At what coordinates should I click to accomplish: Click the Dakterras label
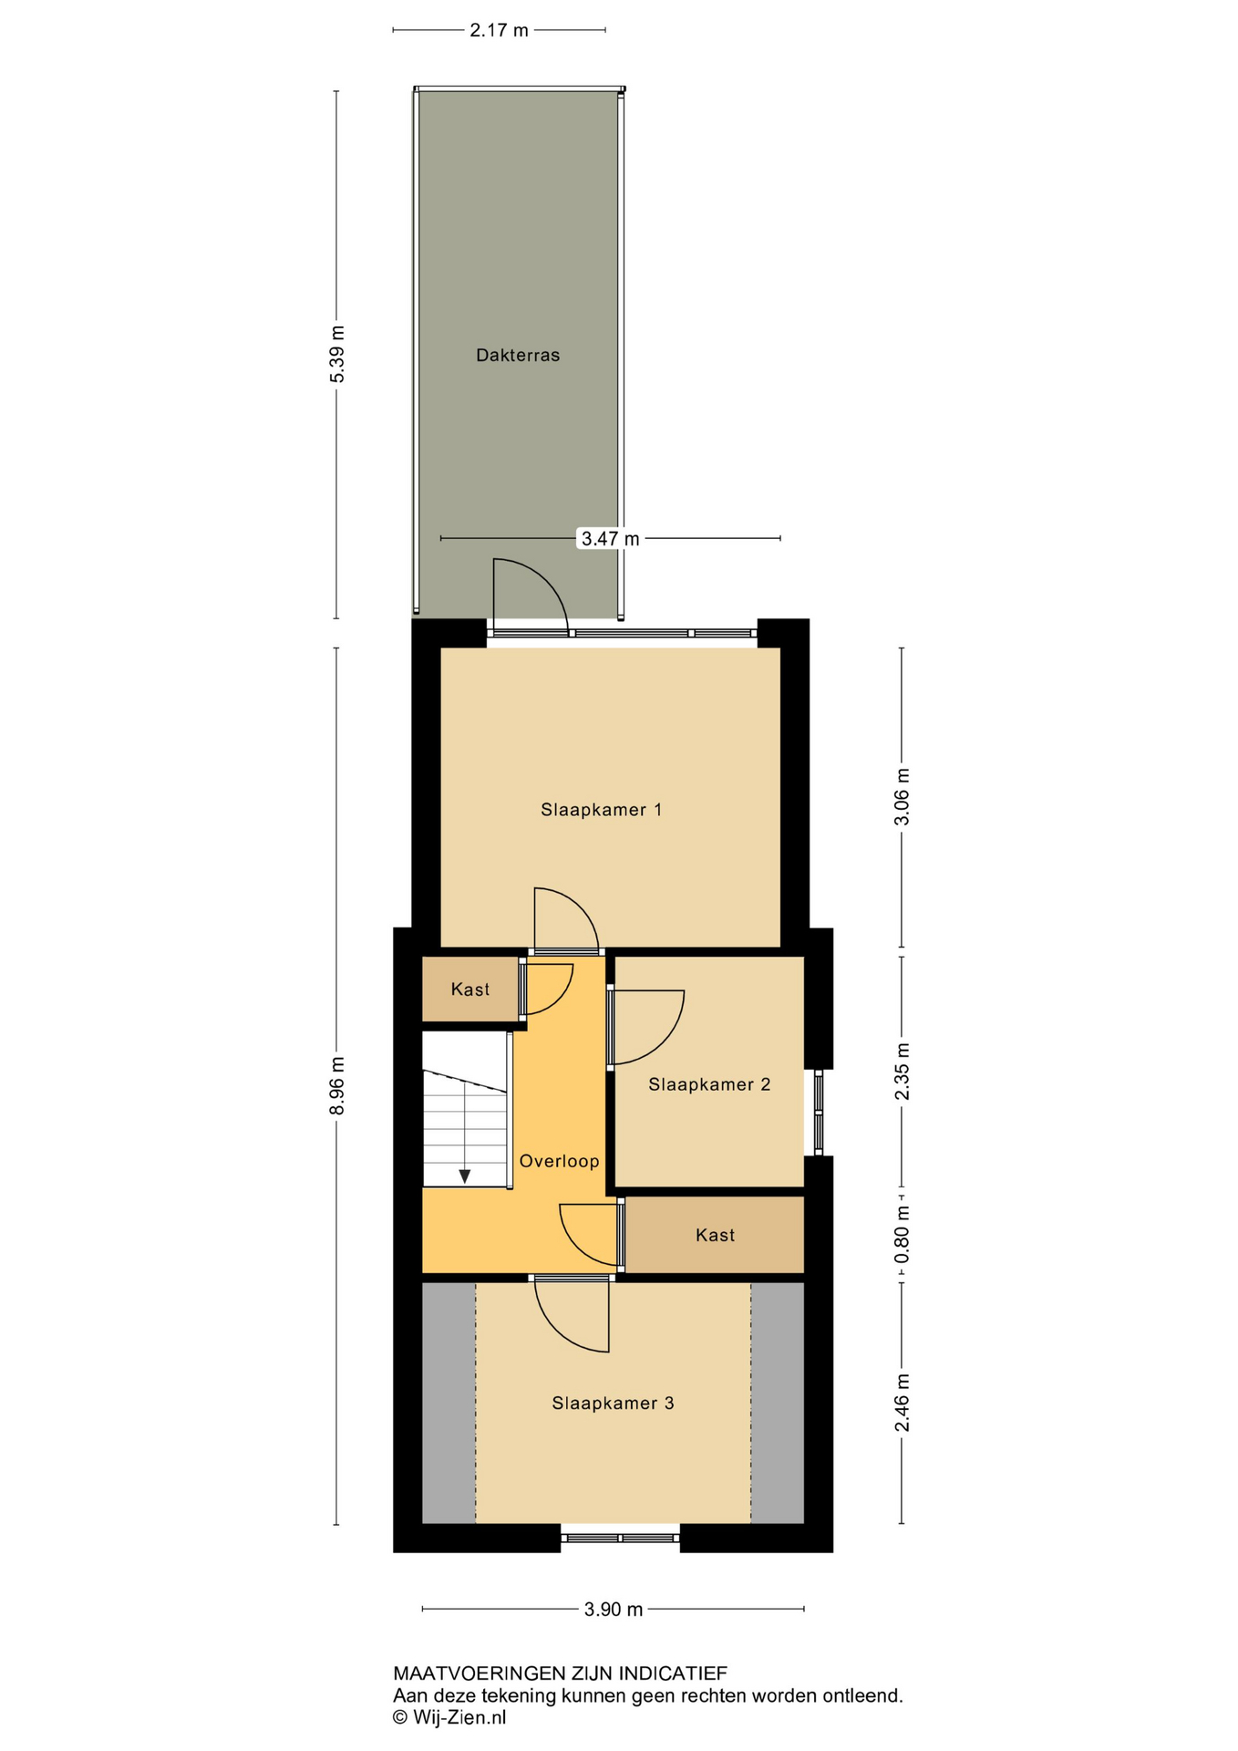(517, 355)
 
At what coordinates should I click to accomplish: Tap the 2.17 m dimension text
(499, 30)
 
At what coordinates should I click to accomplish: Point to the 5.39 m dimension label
(337, 354)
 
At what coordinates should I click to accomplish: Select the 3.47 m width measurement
(610, 538)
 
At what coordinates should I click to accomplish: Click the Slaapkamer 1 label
(601, 809)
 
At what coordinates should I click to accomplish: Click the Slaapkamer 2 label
(709, 1083)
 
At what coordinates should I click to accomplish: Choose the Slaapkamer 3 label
(613, 1403)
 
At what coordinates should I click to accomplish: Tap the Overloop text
(559, 1160)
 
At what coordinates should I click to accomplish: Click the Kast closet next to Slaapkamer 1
(469, 989)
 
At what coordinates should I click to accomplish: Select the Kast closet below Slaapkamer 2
(715, 1235)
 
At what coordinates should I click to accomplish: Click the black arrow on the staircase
(465, 1176)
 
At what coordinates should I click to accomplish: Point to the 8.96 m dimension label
(337, 1085)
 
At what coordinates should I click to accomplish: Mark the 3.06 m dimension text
(902, 796)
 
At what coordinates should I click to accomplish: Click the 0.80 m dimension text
(902, 1235)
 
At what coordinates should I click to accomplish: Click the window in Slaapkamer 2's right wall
(818, 1113)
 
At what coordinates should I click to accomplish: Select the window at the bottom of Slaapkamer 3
(620, 1538)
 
